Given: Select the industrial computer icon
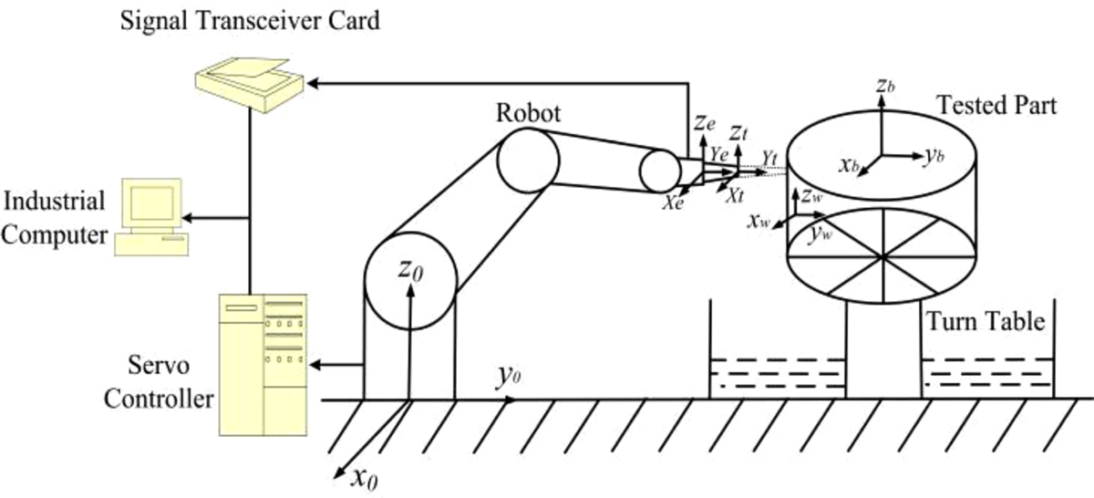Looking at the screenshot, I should (x=148, y=217).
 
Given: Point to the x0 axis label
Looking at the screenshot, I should (x=363, y=477).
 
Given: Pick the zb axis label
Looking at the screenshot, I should (x=882, y=85).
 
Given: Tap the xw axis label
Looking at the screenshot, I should (x=759, y=221).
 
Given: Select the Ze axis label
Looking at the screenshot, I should (x=701, y=121).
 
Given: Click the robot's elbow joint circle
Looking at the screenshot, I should (x=527, y=160).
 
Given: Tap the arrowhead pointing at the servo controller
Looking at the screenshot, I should (x=315, y=366).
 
